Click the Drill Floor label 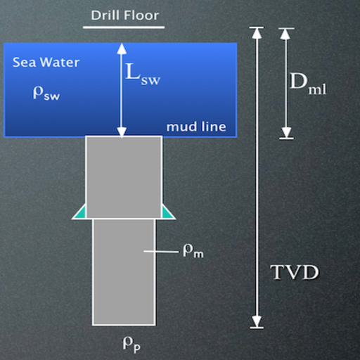click(x=125, y=15)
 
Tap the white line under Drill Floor click(x=124, y=27)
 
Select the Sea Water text click(x=46, y=63)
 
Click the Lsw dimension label click(x=143, y=75)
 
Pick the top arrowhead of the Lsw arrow click(x=122, y=49)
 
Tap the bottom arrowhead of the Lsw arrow click(x=122, y=132)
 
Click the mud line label click(x=196, y=127)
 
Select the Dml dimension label click(x=308, y=84)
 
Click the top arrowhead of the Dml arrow click(x=285, y=34)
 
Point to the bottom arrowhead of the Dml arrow click(x=286, y=133)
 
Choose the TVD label click(x=295, y=272)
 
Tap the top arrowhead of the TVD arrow click(x=257, y=33)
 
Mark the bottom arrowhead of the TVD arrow click(x=257, y=321)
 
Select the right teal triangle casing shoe click(x=167, y=212)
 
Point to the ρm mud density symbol click(x=193, y=251)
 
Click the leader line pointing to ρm click(x=161, y=252)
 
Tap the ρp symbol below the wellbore click(x=131, y=345)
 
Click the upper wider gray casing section click(x=124, y=177)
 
